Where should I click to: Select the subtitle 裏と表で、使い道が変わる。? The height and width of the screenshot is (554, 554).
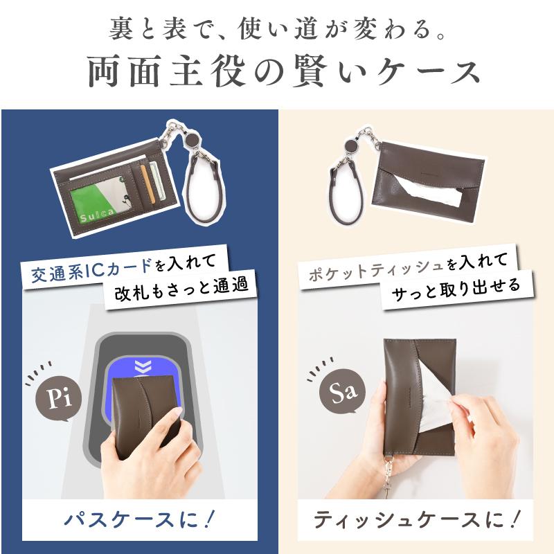pyautogui.click(x=277, y=29)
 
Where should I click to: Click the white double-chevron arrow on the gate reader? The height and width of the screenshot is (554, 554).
pyautogui.click(x=143, y=366)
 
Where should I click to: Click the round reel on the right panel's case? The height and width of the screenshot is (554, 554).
pyautogui.click(x=351, y=147)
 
